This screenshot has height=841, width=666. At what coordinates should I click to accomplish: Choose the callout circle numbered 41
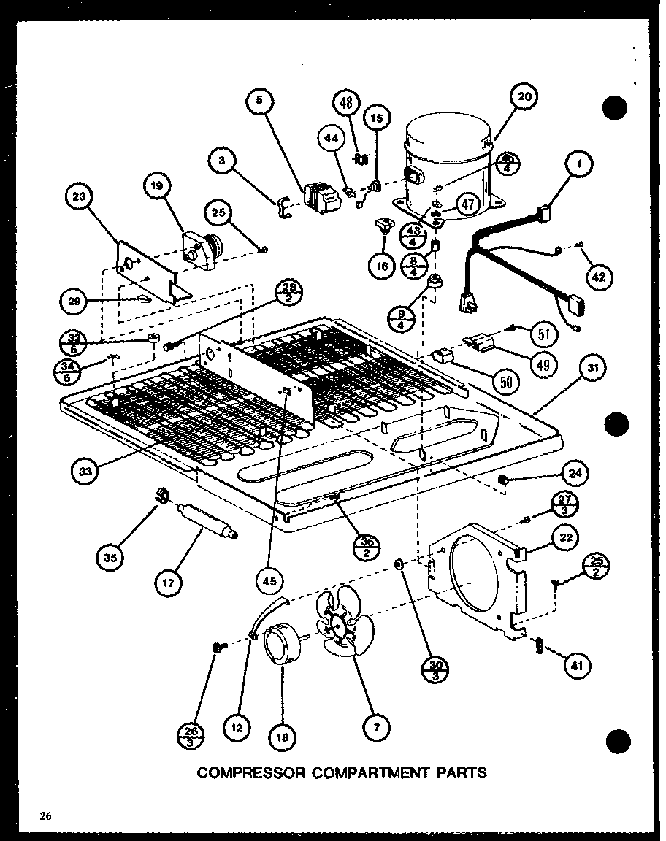click(x=577, y=665)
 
